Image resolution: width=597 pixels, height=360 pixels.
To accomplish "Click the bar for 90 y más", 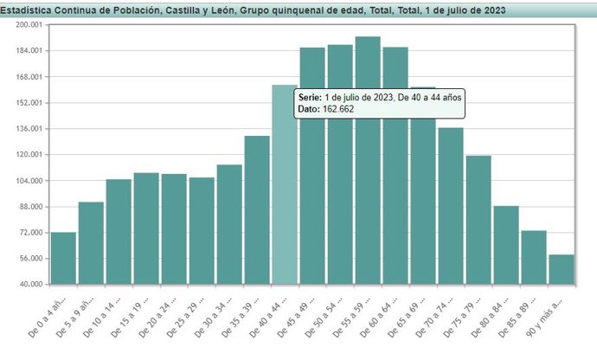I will pos(561,269).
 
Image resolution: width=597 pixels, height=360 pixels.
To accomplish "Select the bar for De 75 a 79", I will pos(478,220).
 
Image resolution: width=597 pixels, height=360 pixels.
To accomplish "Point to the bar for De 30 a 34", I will pos(229,224).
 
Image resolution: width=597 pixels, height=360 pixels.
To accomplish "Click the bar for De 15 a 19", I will pos(146,228).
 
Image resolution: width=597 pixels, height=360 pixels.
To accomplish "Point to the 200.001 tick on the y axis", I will pos(29,25).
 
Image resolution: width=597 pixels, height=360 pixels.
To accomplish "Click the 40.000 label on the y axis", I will pos(31,285).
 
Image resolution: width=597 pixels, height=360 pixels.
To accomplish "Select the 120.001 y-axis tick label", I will pos(29,155).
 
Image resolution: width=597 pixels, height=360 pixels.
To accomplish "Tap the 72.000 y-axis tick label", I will pos(31,233).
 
